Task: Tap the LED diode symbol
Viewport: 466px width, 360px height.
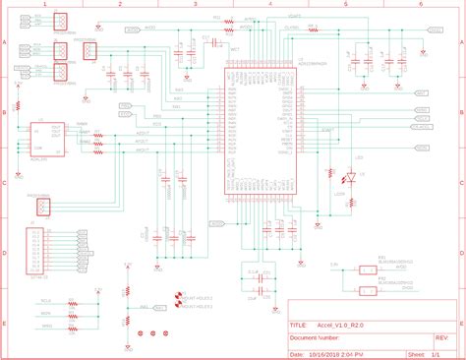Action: click(x=347, y=177)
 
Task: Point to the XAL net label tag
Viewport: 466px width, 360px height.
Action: click(x=145, y=307)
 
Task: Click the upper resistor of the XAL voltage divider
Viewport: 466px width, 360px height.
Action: click(x=125, y=293)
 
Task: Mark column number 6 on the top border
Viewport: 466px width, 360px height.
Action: click(x=420, y=4)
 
